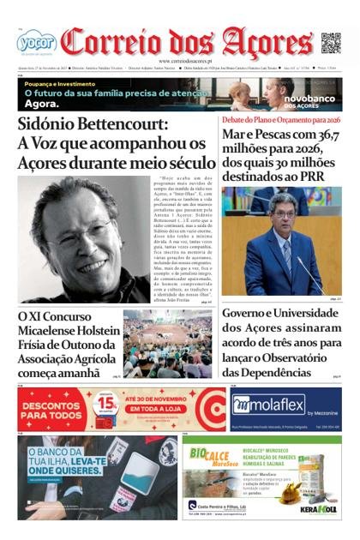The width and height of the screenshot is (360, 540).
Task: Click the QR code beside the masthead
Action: click(x=330, y=42)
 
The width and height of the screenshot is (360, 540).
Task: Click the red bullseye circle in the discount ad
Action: click(x=209, y=409)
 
